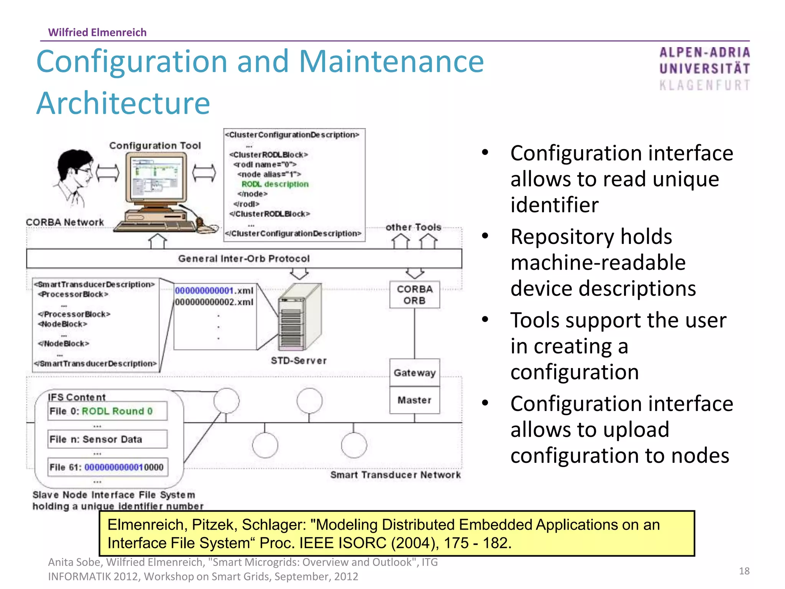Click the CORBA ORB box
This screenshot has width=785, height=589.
(x=414, y=294)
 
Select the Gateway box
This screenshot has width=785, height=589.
(x=414, y=373)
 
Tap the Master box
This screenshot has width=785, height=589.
(x=414, y=400)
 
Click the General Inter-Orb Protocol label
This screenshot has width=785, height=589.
(x=244, y=258)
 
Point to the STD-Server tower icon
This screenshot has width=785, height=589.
(x=299, y=317)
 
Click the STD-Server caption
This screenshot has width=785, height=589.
(x=299, y=360)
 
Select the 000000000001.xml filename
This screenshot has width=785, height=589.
(x=214, y=291)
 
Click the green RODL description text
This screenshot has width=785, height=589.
(x=275, y=184)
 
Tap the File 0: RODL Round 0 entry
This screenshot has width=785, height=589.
(x=107, y=411)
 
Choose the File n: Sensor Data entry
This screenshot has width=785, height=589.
(x=107, y=439)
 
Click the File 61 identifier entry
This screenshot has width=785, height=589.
(x=107, y=467)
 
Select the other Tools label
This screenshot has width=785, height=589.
(x=413, y=227)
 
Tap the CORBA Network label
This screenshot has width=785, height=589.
(x=65, y=222)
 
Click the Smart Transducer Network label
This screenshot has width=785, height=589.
(x=395, y=475)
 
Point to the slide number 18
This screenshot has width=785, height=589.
(x=744, y=571)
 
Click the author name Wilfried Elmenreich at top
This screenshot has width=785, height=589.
(x=97, y=32)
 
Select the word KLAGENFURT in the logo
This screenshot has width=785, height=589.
(x=705, y=85)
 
